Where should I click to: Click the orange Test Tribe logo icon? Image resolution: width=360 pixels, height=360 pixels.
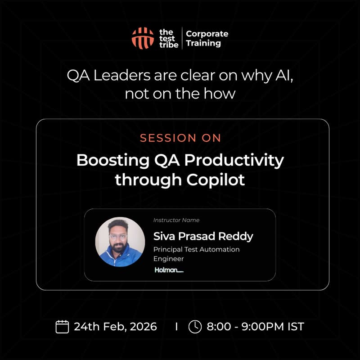(x=143, y=38)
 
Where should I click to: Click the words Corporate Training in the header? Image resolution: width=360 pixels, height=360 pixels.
(x=207, y=39)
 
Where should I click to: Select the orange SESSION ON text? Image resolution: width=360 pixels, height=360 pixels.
(x=180, y=138)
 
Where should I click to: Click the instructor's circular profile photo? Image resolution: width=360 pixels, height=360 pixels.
(x=120, y=242)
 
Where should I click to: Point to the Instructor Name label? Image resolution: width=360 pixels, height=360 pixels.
(x=176, y=220)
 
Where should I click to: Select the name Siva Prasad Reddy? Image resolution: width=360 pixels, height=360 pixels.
(x=203, y=236)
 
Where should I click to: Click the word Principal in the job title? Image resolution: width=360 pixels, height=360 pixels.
(x=167, y=249)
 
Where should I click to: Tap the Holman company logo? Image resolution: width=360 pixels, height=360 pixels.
(x=169, y=270)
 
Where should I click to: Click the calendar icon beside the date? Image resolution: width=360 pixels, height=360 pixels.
(x=62, y=326)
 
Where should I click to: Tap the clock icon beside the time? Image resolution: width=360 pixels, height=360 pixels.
(x=195, y=326)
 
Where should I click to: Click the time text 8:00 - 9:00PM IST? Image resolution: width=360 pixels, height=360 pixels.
(x=255, y=326)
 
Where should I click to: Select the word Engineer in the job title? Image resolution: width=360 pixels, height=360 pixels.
(x=168, y=259)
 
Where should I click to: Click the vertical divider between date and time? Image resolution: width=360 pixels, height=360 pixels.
(x=176, y=326)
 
